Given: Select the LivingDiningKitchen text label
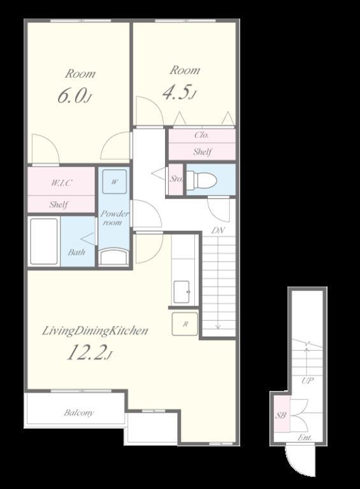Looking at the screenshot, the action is [95, 330].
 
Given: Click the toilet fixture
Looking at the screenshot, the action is [201, 180].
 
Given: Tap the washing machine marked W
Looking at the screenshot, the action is [115, 181].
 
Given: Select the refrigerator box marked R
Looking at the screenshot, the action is [185, 324].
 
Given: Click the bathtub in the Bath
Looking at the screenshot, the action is [44, 241].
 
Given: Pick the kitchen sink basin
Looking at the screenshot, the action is [181, 292].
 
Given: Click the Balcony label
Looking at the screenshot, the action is [78, 413].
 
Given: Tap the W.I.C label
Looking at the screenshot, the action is [61, 183].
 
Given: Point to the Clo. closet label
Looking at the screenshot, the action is [201, 135].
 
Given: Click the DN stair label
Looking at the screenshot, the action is [218, 230].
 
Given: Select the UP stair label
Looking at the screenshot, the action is [307, 381].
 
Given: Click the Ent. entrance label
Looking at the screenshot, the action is [305, 437].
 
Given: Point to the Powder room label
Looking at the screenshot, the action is [114, 218].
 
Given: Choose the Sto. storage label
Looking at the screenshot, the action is [176, 179].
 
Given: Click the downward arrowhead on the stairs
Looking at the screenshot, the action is [218, 327].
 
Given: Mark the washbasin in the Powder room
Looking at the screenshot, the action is [114, 257].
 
